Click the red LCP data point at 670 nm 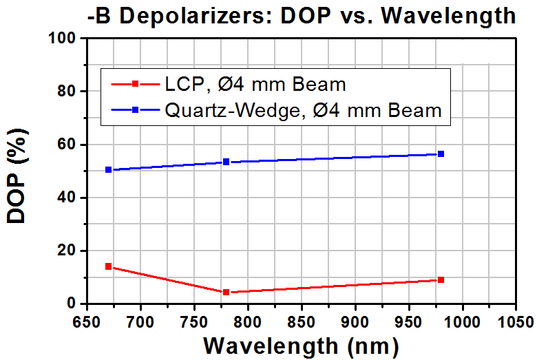[x=109, y=266]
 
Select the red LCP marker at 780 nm [x=226, y=292]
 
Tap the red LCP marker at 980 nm [x=441, y=280]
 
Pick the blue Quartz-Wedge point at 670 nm [x=109, y=169]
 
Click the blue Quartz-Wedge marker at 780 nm [x=226, y=162]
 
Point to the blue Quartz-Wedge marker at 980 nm [x=441, y=153]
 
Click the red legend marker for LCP [x=135, y=83]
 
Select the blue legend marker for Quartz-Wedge [x=135, y=109]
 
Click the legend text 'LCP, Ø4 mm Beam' [x=255, y=84]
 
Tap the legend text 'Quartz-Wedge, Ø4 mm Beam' [x=304, y=110]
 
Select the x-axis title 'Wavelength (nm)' [x=301, y=346]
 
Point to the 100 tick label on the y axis [x=62, y=38]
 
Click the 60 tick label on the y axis [x=67, y=144]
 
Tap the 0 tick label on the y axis [x=71, y=304]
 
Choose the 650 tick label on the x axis [x=87, y=322]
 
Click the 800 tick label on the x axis [x=248, y=322]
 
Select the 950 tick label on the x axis [x=409, y=322]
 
